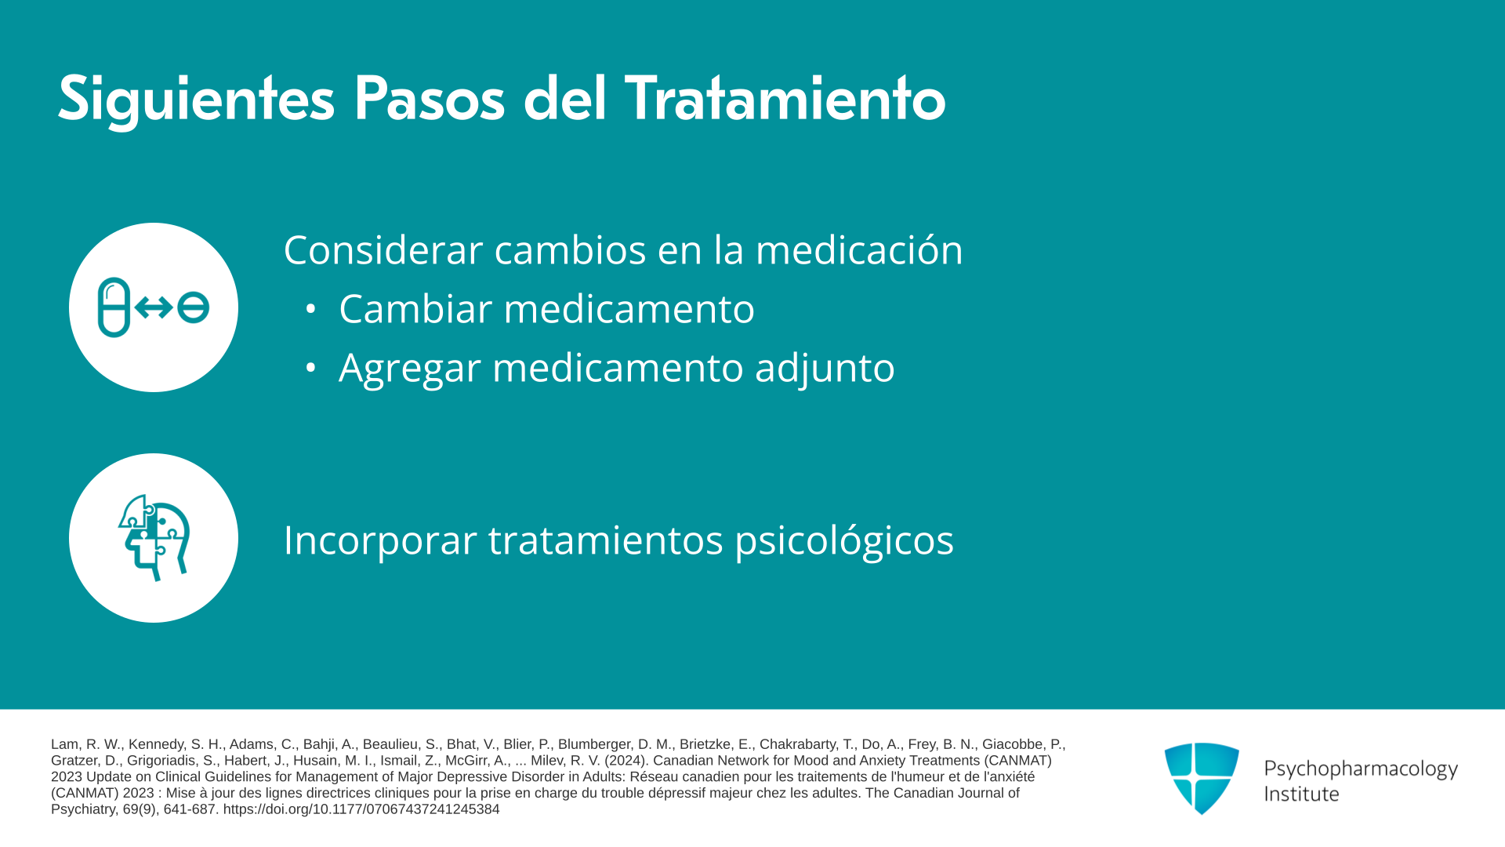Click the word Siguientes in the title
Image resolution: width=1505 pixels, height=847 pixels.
point(196,100)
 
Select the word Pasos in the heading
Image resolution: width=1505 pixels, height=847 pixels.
point(429,99)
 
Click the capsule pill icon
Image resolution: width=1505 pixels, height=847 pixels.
point(114,307)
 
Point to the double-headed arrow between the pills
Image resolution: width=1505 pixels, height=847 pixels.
point(154,307)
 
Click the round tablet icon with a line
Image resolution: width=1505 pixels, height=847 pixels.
point(193,307)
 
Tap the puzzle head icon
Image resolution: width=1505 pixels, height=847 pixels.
point(154,538)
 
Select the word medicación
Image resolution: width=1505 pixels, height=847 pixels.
point(859,249)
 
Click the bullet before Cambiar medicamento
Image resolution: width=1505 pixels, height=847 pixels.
point(310,309)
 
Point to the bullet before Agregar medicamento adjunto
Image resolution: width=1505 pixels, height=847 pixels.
point(310,367)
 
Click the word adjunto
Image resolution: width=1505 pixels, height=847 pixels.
point(825,368)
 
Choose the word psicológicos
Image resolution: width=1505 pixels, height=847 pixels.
point(844,540)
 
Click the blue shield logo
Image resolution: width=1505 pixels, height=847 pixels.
point(1202,779)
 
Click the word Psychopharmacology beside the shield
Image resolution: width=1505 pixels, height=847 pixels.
point(1361,769)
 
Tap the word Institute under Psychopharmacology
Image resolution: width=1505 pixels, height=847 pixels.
point(1302,794)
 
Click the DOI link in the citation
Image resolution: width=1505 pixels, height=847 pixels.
point(361,809)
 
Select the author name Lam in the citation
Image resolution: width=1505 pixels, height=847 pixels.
point(64,744)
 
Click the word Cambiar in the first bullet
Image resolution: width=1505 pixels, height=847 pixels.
point(416,308)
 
